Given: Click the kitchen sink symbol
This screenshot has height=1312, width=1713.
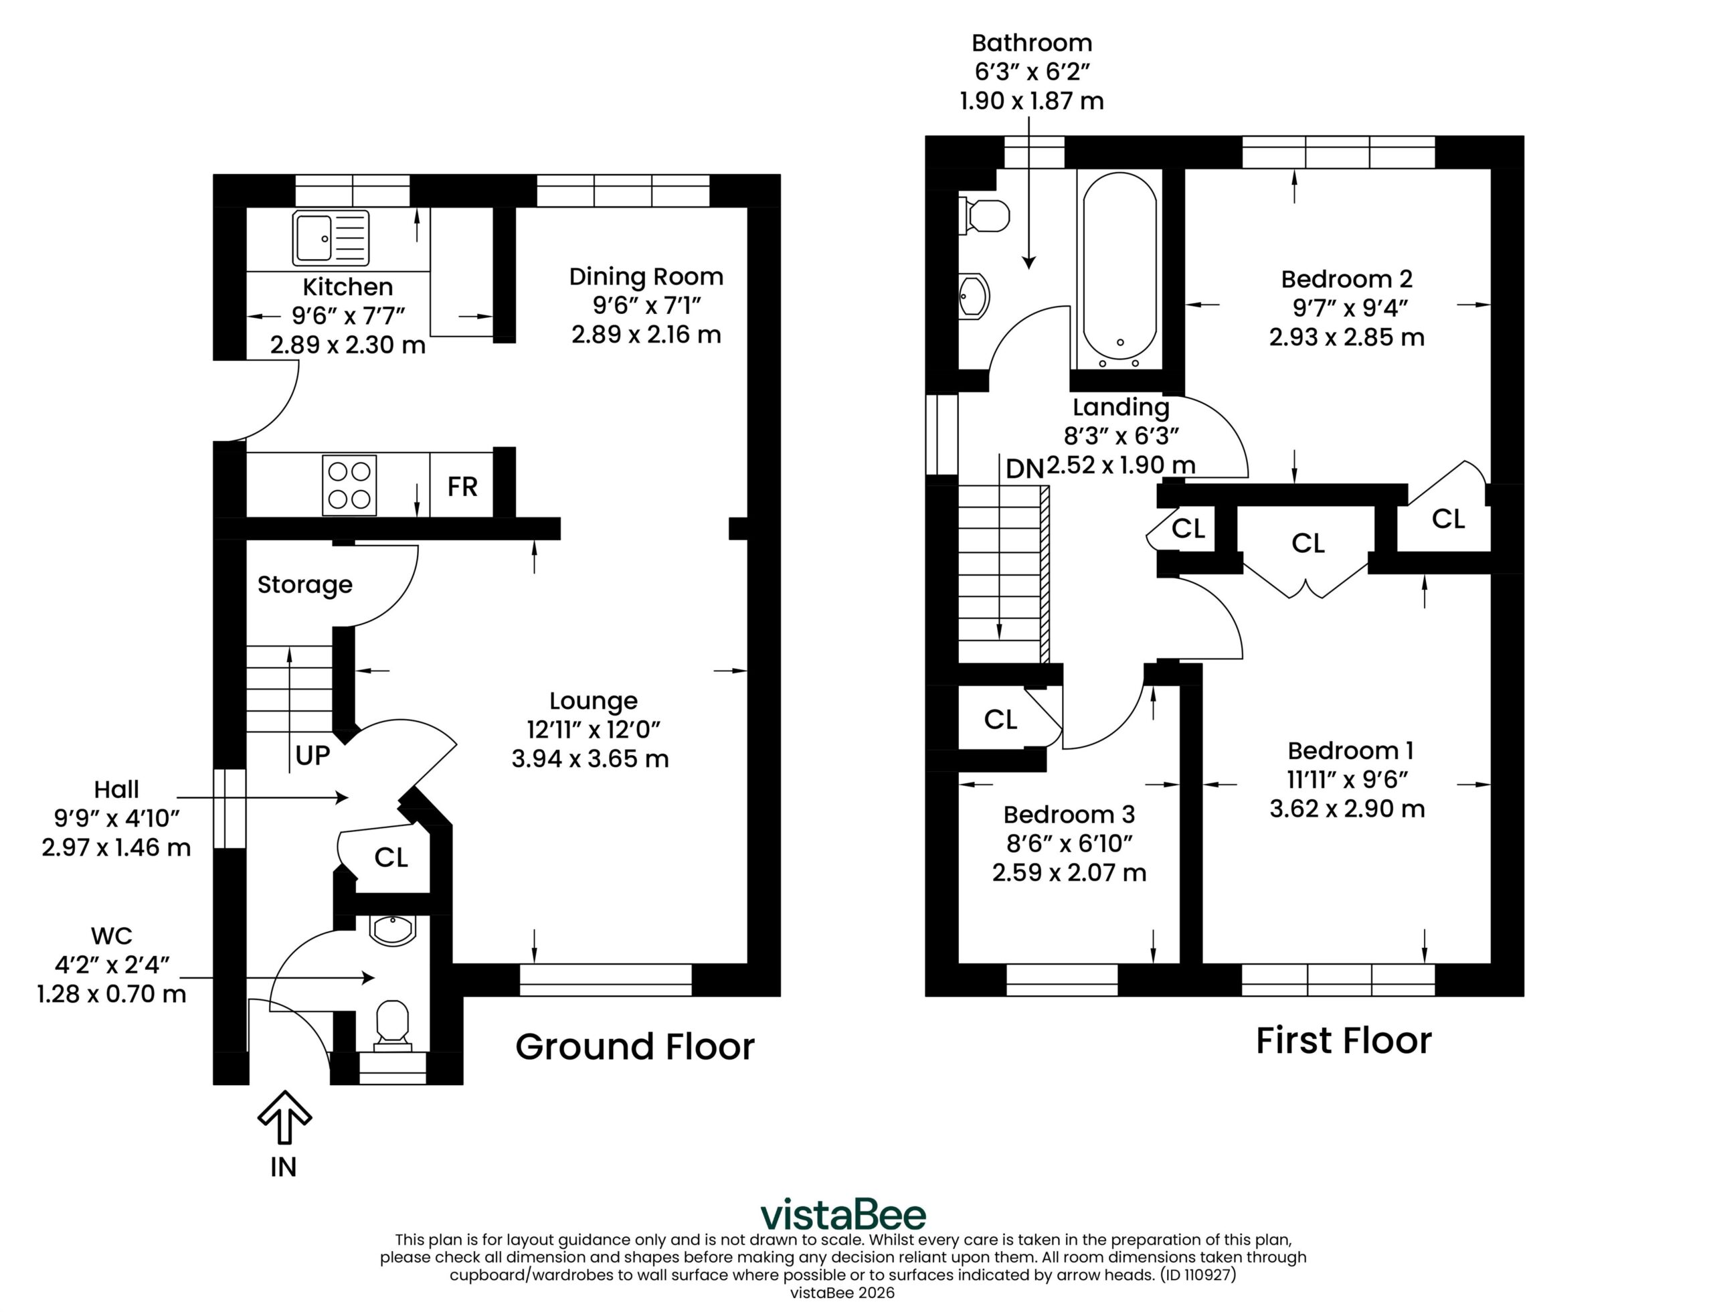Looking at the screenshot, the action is point(331,238).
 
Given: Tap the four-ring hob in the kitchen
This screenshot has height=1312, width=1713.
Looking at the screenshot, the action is point(349,485).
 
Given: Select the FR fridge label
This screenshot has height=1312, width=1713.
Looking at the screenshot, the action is point(462,487).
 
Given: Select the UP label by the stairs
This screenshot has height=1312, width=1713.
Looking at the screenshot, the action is point(312,755).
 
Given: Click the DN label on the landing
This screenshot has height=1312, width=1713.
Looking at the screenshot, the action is point(1024,469).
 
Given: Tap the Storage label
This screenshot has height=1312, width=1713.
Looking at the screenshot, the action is point(304,584).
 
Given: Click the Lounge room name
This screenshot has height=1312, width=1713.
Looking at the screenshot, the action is point(594,700).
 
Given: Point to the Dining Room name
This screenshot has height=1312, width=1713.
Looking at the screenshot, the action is point(646,276).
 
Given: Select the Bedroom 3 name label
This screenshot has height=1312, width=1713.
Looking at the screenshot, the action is point(1069,815).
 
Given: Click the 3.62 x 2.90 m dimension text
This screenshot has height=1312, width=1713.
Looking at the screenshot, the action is point(1347,809).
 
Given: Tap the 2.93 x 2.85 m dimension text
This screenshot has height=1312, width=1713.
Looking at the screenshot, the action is point(1346,337).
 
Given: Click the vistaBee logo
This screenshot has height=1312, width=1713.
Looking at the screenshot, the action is point(843,1215).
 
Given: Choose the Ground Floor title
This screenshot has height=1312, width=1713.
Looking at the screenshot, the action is point(635,1046).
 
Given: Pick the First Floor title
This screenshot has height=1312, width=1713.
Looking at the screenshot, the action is point(1344,1040).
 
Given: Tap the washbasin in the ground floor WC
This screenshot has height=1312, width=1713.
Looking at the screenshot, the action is point(393,930).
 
